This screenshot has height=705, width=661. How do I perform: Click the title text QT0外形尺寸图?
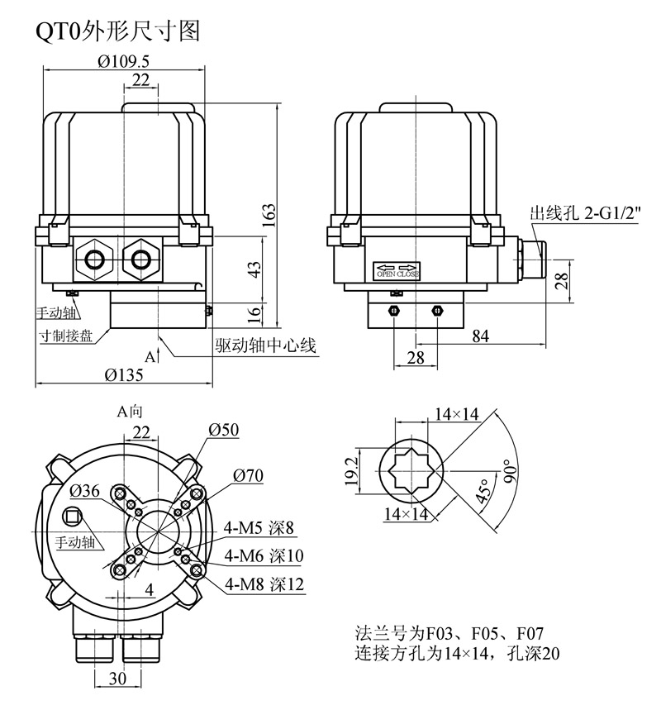pos(117,31)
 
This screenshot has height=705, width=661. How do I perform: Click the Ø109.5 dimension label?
pos(124,60)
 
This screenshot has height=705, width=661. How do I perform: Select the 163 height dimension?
pos(270,212)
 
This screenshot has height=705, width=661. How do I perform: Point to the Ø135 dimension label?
pos(124,375)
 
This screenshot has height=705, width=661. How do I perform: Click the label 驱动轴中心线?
pos(266,345)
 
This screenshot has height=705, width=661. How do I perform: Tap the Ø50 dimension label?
pos(224,430)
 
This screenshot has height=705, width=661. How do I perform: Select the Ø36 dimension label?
pos(86,490)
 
